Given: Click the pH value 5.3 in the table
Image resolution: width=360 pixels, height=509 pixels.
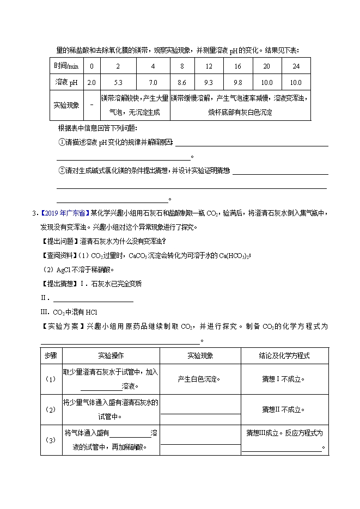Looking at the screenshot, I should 118,82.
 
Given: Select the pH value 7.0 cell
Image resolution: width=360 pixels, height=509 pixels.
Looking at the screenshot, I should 153,82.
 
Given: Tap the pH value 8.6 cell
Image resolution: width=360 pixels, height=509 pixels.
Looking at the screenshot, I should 182,82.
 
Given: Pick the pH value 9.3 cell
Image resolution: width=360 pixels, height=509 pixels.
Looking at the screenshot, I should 209,82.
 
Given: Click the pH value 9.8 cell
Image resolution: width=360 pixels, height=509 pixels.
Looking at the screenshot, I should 237,82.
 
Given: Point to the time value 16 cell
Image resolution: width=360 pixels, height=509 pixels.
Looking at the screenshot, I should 237,66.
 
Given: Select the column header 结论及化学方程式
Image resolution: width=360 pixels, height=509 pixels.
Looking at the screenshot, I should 284,355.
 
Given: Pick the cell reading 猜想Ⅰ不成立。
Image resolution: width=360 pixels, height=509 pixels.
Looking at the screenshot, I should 284,379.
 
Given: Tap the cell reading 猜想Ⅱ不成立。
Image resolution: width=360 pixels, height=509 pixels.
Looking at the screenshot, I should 284,409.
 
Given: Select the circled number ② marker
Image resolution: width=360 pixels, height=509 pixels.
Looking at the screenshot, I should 62,170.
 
